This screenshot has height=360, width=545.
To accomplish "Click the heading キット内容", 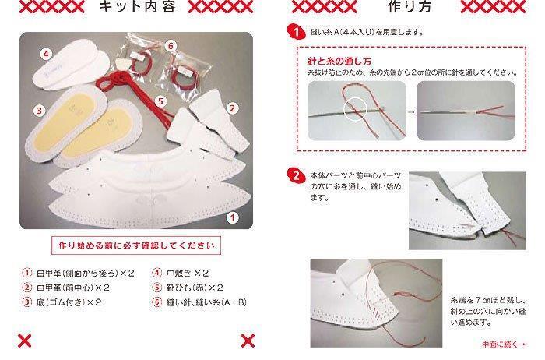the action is coord(137,7).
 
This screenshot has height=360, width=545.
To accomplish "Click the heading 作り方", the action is coord(410,7).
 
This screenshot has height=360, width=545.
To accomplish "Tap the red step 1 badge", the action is coord(295,32).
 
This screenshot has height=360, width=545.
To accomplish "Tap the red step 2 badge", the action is coord(295,175).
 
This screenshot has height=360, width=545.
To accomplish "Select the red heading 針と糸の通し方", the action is coord(339,62).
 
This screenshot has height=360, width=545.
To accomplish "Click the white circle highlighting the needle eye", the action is coord(356,109).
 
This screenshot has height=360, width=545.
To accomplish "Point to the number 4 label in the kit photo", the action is coord(46,54).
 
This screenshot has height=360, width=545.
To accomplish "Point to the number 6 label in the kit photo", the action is coord(171,45).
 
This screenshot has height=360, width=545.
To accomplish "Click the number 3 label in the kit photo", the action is coord(39,111).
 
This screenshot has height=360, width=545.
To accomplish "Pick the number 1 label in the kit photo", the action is coord(232,217).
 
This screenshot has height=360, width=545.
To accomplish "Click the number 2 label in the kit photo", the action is coord(232,108).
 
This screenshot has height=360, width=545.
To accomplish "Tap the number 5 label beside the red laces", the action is coord(160,101).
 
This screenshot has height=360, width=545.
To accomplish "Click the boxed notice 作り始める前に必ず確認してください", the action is coord(136,245).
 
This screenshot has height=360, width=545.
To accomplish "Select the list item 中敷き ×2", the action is coord(181,273).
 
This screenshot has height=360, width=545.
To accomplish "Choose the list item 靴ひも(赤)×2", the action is coord(188,288).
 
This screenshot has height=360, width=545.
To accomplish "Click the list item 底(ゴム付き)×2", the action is coord(62,302).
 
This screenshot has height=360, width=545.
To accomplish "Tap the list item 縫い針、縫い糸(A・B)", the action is coord(199,302).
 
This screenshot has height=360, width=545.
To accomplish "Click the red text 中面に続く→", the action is coord(503,344).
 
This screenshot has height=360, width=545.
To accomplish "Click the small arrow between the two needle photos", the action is coord(411,112).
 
